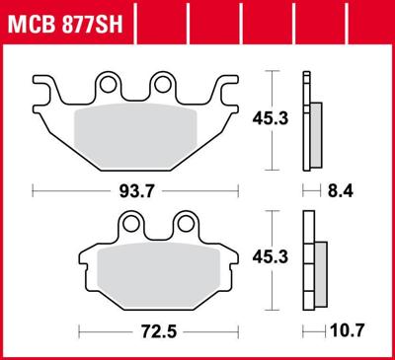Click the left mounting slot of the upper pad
point(114,88)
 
